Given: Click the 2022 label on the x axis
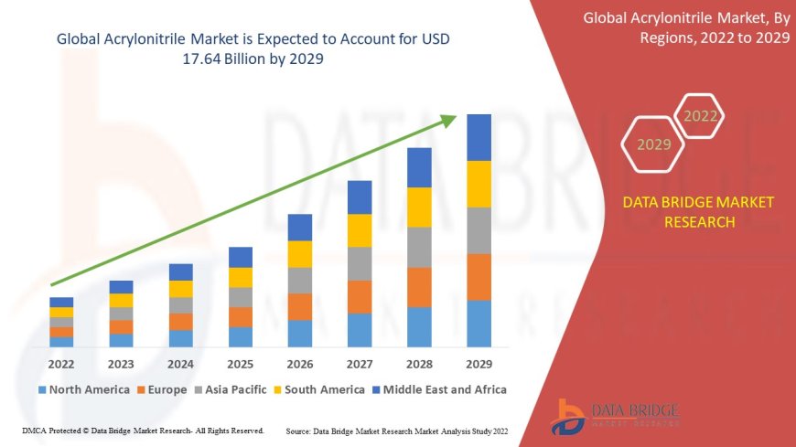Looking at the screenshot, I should pos(61,364).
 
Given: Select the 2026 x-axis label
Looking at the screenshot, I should pos(300,364).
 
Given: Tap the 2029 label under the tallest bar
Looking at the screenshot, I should pos(479,364).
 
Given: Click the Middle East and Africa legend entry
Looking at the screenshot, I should pos(442,389).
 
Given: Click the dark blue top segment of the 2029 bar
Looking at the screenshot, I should pos(479,137).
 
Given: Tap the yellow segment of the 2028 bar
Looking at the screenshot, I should pos(419,207).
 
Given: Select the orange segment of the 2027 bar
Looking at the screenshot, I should pos(360,296).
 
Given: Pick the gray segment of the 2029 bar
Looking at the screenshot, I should pos(479,230).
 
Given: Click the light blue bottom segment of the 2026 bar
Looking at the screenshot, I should pos(300,333).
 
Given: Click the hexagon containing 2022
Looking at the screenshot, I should pos(701,116).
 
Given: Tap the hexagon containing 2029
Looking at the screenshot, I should pos(654,144).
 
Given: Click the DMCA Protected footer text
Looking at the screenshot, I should pos(142,430).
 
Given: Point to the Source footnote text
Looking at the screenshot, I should pos(397,431).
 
